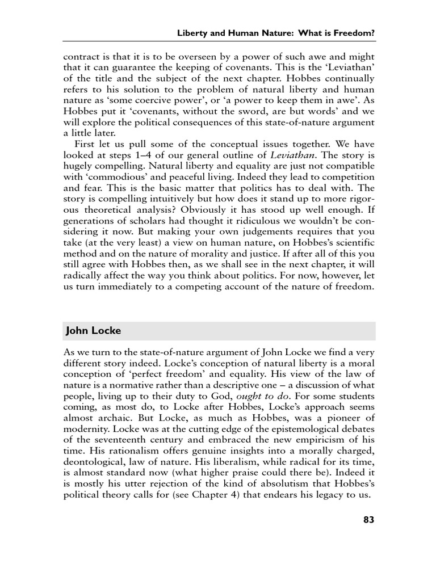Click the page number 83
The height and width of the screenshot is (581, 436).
[368, 519]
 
